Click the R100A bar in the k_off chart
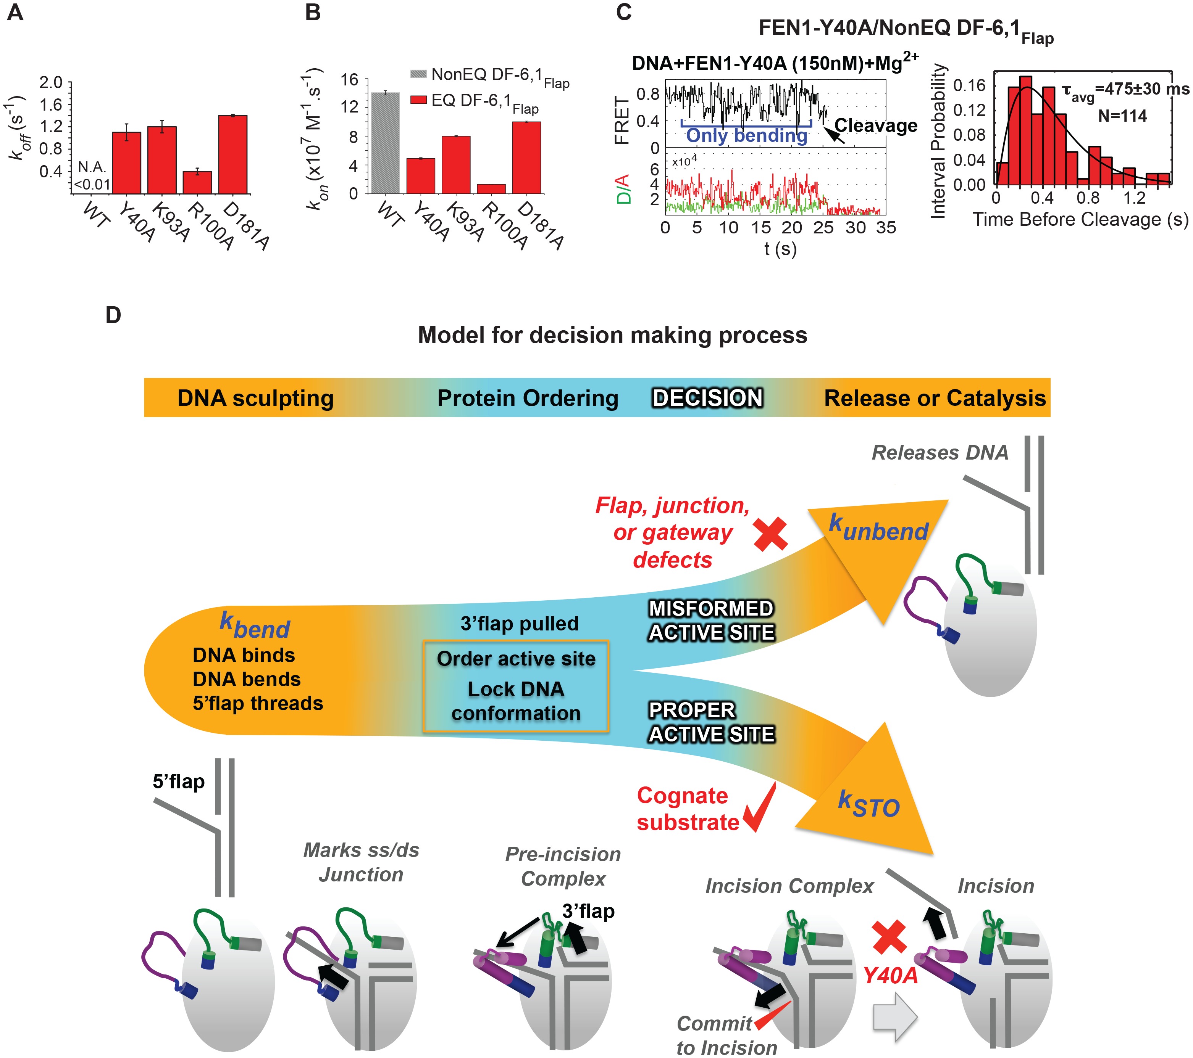197,183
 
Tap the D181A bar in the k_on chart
526,158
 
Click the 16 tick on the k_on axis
349,80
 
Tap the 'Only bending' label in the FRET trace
746,135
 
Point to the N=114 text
1122,116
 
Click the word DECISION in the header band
707,398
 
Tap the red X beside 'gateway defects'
770,534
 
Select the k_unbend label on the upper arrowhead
878,528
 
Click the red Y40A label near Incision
890,975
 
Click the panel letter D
113,315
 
